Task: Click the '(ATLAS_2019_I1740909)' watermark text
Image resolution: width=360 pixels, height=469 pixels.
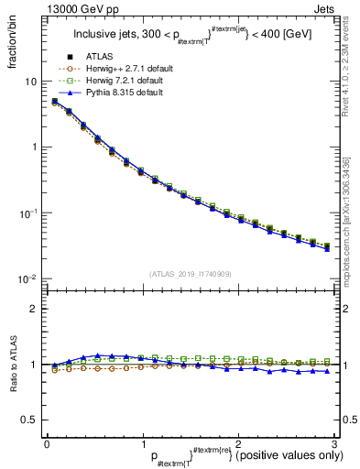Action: [x=191, y=273]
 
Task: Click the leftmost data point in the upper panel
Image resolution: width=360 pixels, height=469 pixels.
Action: [x=54, y=101]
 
